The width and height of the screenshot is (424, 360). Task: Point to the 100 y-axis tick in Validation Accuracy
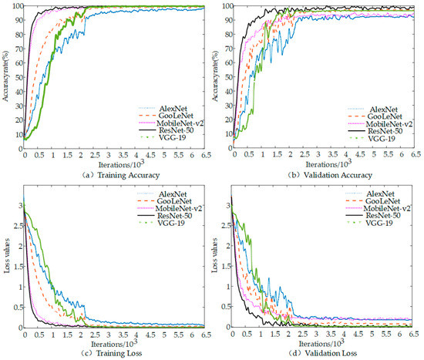(x=226, y=6)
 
